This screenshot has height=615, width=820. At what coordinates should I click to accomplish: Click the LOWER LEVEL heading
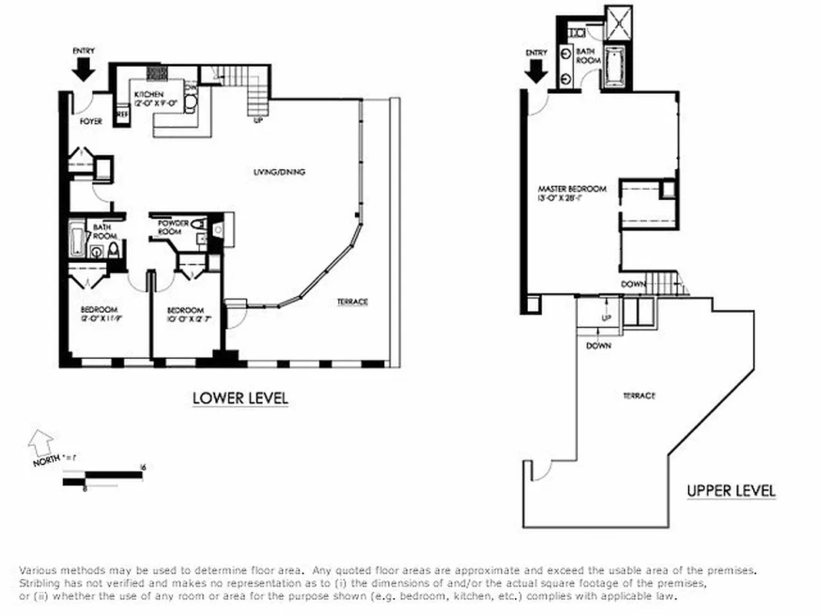tap(240, 398)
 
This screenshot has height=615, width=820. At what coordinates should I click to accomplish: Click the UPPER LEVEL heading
tap(731, 490)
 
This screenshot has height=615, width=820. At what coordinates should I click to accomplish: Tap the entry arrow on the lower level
tap(84, 69)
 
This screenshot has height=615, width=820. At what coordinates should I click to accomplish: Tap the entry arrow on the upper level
tap(536, 71)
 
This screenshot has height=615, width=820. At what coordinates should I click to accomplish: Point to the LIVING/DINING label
tap(279, 172)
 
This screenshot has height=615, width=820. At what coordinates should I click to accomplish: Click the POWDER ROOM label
tap(174, 228)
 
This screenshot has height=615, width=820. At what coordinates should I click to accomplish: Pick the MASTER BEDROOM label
tap(572, 193)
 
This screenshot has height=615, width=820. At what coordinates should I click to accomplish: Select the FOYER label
tap(91, 121)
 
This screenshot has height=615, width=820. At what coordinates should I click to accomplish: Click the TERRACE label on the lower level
tap(352, 301)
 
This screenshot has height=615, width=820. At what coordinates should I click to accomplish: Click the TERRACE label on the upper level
tap(639, 395)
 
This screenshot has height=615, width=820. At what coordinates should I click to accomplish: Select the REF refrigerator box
tap(121, 115)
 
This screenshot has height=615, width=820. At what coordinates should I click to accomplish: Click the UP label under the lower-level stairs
tap(258, 120)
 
